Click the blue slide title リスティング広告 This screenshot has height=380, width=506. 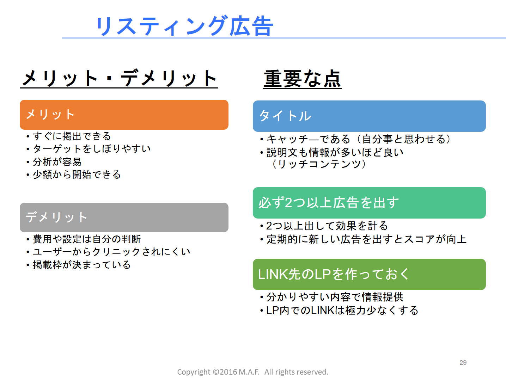(x=185, y=26)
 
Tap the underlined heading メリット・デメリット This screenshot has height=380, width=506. (x=119, y=78)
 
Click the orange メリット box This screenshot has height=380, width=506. (x=124, y=115)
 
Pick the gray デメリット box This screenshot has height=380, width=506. (x=124, y=217)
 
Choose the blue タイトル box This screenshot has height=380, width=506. (x=369, y=116)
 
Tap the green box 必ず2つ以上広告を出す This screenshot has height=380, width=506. (x=369, y=203)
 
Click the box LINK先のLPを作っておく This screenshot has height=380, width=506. (x=369, y=274)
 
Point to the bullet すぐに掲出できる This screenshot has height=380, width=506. (x=69, y=136)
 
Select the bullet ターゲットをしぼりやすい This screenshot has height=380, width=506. (x=89, y=149)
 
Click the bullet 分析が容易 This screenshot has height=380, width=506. (x=54, y=162)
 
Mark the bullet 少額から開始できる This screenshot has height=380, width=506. (x=74, y=174)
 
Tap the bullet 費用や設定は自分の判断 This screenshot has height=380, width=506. (x=84, y=239)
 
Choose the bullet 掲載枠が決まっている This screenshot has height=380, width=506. (x=79, y=265)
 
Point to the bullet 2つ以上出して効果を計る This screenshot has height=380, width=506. (x=324, y=226)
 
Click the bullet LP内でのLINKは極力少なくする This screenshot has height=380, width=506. (x=339, y=311)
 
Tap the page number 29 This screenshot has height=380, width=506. (x=463, y=362)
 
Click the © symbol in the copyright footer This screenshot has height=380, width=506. (x=216, y=372)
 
